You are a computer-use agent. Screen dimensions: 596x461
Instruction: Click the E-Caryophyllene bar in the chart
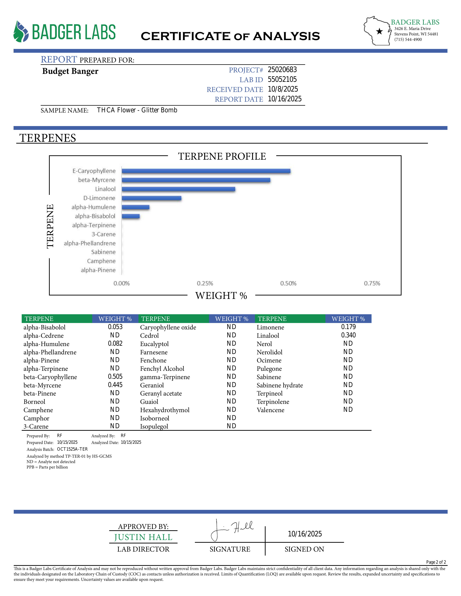coord(206,171)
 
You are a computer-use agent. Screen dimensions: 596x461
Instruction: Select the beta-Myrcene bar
coord(196,180)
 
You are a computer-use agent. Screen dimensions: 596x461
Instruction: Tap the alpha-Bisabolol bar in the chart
coord(131,216)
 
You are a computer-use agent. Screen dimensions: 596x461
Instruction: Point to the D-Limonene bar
coord(151,198)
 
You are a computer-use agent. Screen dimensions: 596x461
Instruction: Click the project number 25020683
coord(282,70)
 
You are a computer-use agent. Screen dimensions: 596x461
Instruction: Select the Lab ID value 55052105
coord(282,79)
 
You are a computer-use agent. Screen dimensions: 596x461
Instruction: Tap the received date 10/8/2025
coord(283,89)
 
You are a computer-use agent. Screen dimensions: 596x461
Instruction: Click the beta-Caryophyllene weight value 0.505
coord(115,377)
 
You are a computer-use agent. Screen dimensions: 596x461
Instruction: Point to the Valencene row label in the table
coord(270,410)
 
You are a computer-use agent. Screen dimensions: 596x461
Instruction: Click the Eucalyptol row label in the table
coord(154,344)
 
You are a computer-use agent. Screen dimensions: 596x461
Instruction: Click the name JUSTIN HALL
coord(143,537)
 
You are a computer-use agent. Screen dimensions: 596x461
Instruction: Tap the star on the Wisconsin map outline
coord(379,31)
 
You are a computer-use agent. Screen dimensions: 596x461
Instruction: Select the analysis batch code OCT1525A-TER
coord(72,449)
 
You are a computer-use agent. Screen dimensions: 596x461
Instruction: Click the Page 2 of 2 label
coord(436,562)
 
